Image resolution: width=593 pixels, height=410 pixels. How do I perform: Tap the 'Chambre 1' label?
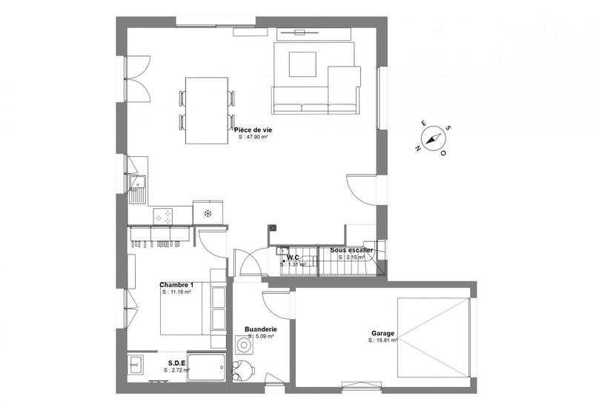pyautogui.click(x=176, y=284)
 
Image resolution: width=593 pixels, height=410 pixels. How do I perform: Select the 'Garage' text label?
pyautogui.click(x=383, y=333)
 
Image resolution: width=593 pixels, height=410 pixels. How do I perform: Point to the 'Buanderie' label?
pyautogui.click(x=260, y=329)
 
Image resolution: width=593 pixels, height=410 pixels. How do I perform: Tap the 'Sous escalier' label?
pyautogui.click(x=351, y=250)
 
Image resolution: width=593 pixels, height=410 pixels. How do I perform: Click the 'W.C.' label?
pyautogui.click(x=293, y=258)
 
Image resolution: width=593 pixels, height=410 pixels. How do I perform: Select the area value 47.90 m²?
pyautogui.click(x=253, y=137)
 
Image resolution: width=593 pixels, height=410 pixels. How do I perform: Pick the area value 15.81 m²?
pyautogui.click(x=384, y=340)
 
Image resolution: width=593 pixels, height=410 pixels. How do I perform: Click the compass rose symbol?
pyautogui.click(x=431, y=138)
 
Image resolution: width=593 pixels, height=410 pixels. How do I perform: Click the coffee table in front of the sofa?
pyautogui.click(x=302, y=63)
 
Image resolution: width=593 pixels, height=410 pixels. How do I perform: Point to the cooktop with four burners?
pyautogui.click(x=164, y=215)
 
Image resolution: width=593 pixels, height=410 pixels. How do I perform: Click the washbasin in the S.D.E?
pyautogui.click(x=136, y=365)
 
